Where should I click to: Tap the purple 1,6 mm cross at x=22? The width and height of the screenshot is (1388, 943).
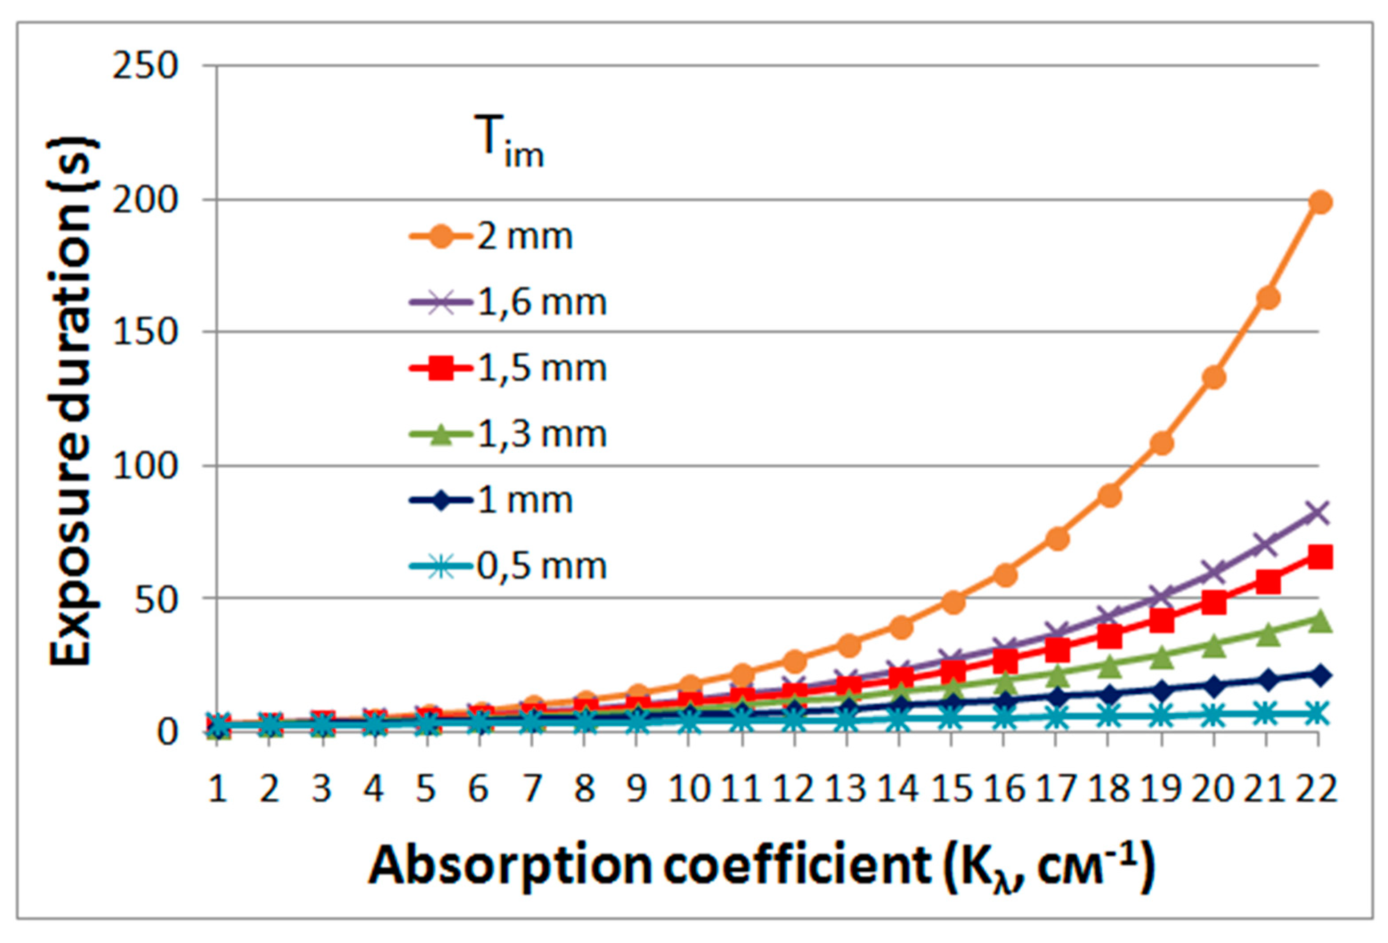[1319, 512]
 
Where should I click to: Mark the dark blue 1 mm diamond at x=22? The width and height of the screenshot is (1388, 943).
[1319, 675]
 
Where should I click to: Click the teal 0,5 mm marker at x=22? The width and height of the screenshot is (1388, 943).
[1319, 714]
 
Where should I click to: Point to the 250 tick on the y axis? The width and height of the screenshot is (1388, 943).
[145, 66]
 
